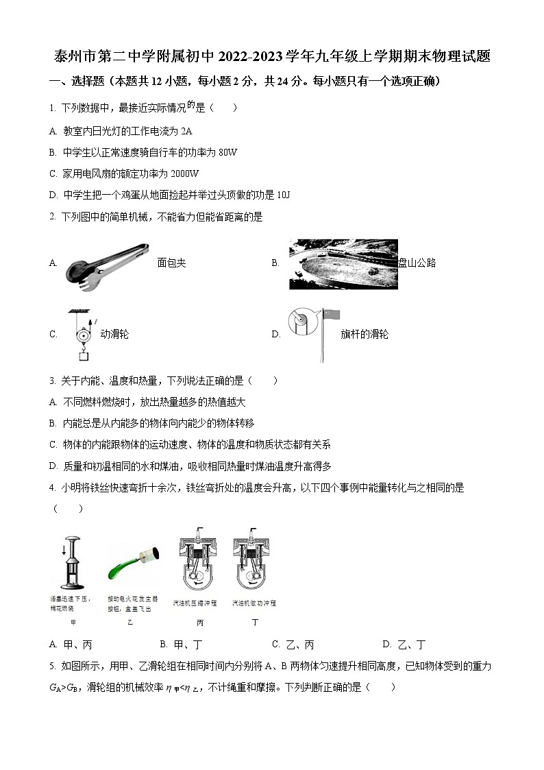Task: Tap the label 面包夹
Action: point(171,263)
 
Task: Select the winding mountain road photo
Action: point(343,263)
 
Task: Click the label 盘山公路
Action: point(417,263)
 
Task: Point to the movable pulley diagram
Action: point(82,334)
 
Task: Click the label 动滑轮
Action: point(114,335)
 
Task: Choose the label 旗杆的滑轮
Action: point(364,335)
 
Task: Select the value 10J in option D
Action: point(284,195)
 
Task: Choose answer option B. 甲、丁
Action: point(180,645)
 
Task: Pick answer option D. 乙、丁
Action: point(404,645)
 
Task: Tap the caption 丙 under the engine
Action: point(199,623)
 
